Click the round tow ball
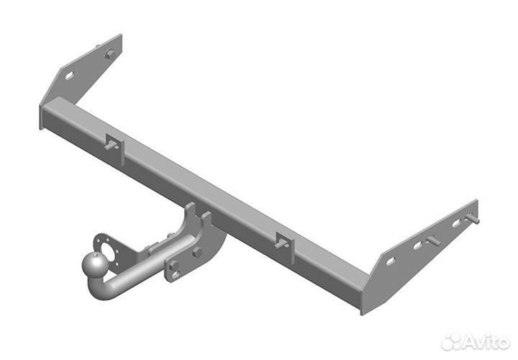(94, 266)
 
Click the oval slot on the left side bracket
(69, 76)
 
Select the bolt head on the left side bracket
(109, 54)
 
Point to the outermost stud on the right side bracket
(473, 218)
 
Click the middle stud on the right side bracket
(433, 240)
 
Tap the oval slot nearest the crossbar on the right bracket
(391, 261)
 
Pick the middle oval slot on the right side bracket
(417, 245)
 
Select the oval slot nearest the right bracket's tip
(456, 223)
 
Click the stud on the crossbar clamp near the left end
(112, 145)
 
